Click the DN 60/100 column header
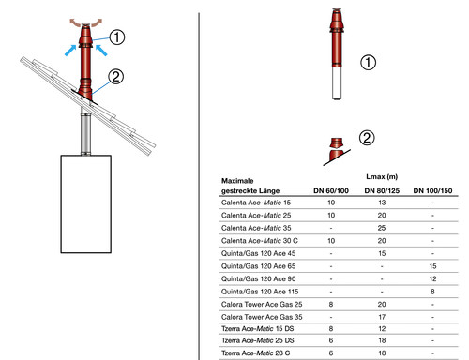[x=331, y=190]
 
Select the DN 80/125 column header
[x=382, y=190]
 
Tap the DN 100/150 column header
[x=432, y=190]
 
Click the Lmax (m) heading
[x=382, y=177]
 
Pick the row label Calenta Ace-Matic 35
[x=256, y=228]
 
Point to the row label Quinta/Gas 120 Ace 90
[x=258, y=278]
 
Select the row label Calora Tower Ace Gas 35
[x=262, y=317]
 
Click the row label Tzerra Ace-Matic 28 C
[x=255, y=353]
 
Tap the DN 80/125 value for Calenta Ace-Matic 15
[x=382, y=202]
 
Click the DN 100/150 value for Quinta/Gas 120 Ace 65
[x=432, y=266]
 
